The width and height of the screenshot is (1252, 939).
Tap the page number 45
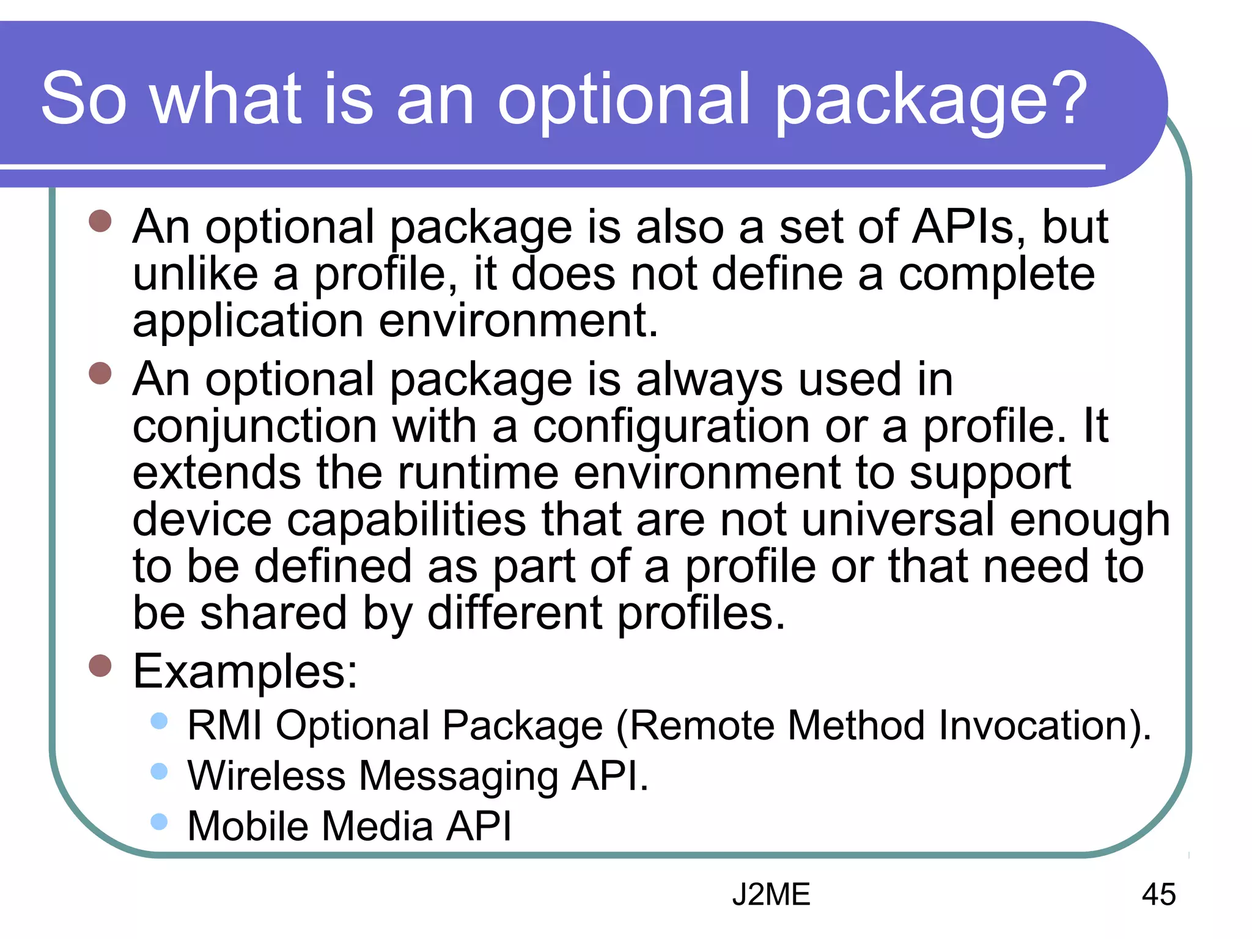coord(1158,894)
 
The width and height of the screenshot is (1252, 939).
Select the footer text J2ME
coord(771,894)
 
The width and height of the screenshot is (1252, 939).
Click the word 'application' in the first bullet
coord(248,322)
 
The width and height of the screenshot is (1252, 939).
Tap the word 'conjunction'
coord(254,427)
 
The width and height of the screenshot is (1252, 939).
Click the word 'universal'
coord(897,520)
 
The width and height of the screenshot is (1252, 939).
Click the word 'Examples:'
coord(245,671)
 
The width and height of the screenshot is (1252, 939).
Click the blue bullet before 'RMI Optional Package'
coord(159,721)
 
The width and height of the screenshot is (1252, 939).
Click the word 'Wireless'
coord(267,776)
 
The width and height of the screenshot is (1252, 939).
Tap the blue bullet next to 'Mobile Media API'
coord(159,821)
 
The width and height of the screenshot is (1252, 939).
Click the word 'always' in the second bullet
coord(709,380)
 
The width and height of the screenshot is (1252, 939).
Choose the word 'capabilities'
coord(406,520)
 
